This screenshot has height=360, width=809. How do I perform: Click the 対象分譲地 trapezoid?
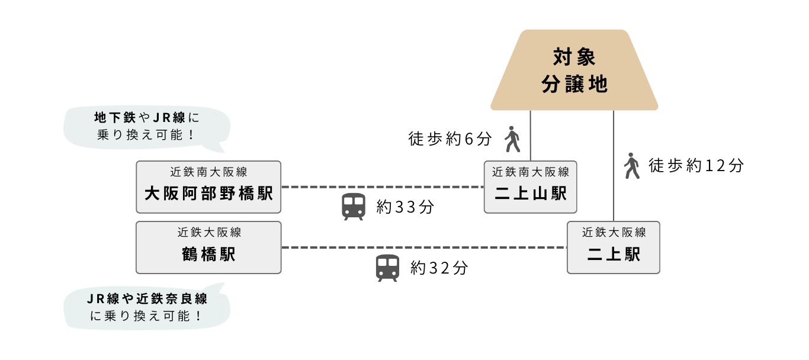pos(574,70)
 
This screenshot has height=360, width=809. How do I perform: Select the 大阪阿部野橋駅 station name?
pos(208,194)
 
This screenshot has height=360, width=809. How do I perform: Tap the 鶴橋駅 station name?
pos(208,255)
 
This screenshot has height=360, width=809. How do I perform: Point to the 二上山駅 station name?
pos(531,194)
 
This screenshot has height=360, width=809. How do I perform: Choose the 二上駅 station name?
pos(614,255)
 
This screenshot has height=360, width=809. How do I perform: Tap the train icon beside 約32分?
pos(388,268)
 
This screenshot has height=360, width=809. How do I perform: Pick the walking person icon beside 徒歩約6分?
pos(512,140)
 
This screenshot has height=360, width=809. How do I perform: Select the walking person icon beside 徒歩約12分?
pos(633,166)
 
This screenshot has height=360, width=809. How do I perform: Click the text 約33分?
pos(405,207)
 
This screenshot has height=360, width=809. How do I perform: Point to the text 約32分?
pos(439,268)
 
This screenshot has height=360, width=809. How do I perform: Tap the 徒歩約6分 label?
pos(450,140)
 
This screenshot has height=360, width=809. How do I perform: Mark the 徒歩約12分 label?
pos(696,166)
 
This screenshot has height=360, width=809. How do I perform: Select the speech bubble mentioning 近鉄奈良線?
pos(146,307)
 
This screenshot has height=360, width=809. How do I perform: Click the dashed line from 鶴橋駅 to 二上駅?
pos(423,247)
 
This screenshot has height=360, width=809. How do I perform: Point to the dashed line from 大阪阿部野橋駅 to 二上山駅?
pos(382,187)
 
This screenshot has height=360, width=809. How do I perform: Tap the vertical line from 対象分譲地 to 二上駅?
pos(614,166)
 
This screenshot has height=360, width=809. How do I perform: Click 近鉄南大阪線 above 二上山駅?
pos(531,172)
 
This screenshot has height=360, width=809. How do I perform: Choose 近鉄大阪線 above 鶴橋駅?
pos(208,233)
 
